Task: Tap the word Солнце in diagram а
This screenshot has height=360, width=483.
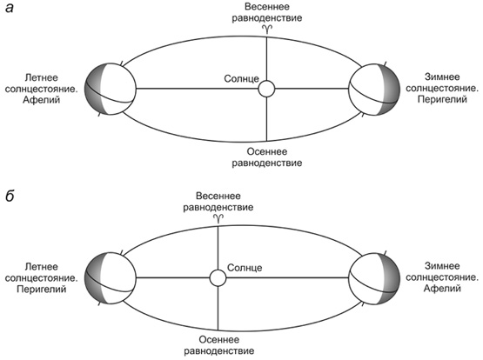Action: click(242, 79)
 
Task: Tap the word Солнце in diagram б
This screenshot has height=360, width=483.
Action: click(245, 268)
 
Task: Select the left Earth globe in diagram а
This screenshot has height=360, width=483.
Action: click(110, 89)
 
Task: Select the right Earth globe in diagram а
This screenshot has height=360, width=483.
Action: click(374, 90)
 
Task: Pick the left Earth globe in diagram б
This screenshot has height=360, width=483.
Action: click(110, 278)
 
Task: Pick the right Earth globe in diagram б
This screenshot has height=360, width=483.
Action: click(374, 278)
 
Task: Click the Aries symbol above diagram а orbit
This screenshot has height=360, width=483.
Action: click(267, 29)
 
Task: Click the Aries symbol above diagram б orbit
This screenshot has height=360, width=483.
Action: click(218, 218)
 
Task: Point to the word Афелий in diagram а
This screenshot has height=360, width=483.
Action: click(41, 100)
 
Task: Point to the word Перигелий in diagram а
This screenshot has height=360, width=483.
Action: click(442, 99)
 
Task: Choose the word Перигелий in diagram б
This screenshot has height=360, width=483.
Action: click(41, 290)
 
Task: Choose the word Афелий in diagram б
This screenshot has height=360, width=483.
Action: click(442, 289)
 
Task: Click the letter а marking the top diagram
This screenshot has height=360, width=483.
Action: click(10, 8)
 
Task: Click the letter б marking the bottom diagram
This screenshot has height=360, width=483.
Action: click(10, 195)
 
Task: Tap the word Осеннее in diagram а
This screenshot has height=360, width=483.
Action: click(267, 151)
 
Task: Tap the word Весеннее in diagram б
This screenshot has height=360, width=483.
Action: click(218, 196)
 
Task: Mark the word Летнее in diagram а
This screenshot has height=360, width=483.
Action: click(41, 77)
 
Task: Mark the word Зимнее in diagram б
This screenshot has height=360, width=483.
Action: click(442, 266)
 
